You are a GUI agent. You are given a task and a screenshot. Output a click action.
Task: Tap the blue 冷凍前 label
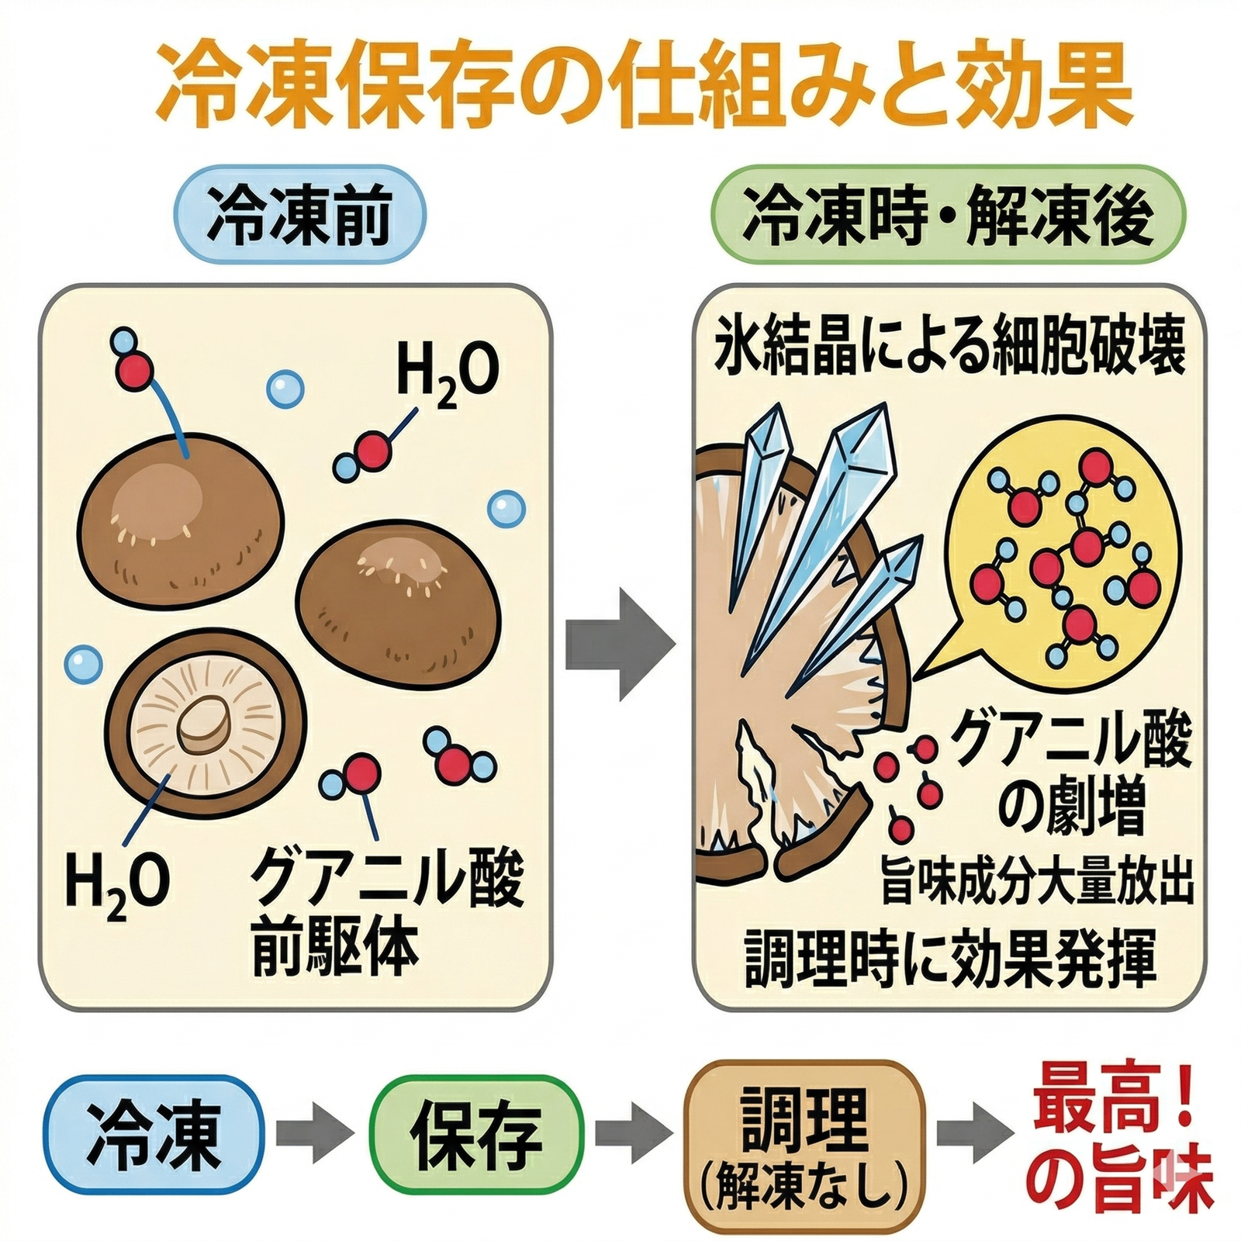coord(299,216)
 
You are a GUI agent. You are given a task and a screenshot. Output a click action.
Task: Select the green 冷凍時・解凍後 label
coord(948,216)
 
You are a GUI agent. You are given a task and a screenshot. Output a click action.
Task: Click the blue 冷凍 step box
coord(154,1136)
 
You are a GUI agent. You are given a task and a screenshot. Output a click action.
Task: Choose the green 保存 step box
coord(476,1136)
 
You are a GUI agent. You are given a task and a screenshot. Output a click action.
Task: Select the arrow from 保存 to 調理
coord(632,1136)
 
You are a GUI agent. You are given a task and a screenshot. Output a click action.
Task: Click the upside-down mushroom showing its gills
coord(206,725)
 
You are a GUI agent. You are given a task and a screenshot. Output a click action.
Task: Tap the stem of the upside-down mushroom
coord(205,725)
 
